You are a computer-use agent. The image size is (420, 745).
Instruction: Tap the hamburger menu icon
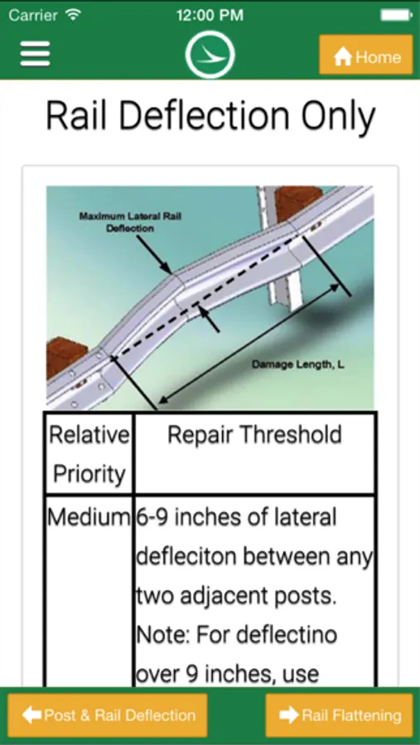click(35, 54)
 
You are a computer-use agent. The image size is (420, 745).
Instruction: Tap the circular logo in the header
click(210, 54)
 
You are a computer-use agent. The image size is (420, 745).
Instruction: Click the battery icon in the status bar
click(396, 15)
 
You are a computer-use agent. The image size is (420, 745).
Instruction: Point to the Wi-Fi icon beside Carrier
click(73, 15)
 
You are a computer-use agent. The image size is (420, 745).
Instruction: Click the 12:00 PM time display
click(210, 15)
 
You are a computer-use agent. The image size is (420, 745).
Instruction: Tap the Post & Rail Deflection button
click(108, 715)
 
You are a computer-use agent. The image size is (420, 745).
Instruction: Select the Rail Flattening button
click(339, 715)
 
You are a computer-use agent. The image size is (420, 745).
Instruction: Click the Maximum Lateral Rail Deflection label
click(130, 222)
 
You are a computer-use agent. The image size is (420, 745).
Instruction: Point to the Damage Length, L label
click(298, 365)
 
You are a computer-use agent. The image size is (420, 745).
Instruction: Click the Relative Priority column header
click(89, 454)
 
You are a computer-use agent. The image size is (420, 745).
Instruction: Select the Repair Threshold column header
click(254, 435)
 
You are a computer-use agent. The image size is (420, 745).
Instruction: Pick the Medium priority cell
click(89, 517)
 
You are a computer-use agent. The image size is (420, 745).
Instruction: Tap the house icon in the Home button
click(342, 57)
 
